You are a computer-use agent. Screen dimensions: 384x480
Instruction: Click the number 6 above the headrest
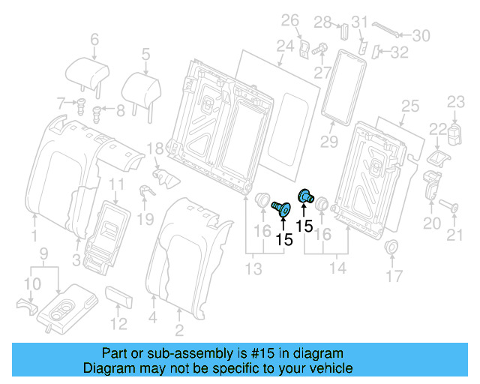(x=94, y=40)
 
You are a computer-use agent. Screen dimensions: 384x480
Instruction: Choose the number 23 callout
(x=457, y=101)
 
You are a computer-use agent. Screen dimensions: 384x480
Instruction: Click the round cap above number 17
(x=390, y=247)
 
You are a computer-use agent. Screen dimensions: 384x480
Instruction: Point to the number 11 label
(x=118, y=184)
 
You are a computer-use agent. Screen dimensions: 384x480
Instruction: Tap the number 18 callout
(x=155, y=148)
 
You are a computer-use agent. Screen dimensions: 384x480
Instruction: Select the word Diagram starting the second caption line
(x=106, y=368)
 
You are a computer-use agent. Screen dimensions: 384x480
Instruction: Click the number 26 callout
(x=290, y=20)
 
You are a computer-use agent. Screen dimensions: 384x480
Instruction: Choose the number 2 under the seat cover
(x=178, y=331)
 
